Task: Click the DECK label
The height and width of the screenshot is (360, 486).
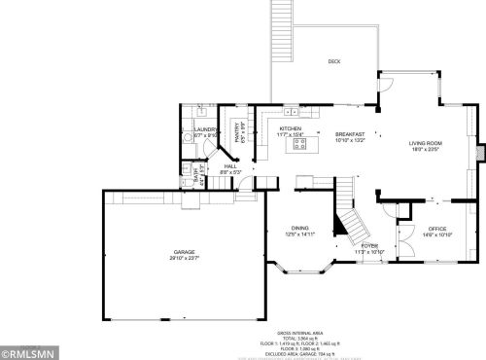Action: pyautogui.click(x=333, y=61)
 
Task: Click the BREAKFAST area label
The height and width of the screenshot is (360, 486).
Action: pyautogui.click(x=351, y=134)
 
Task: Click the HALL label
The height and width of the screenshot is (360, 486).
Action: pyautogui.click(x=230, y=166)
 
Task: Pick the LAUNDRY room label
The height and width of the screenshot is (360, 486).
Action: pyautogui.click(x=205, y=129)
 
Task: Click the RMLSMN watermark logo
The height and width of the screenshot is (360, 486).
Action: pyautogui.click(x=28, y=351)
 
